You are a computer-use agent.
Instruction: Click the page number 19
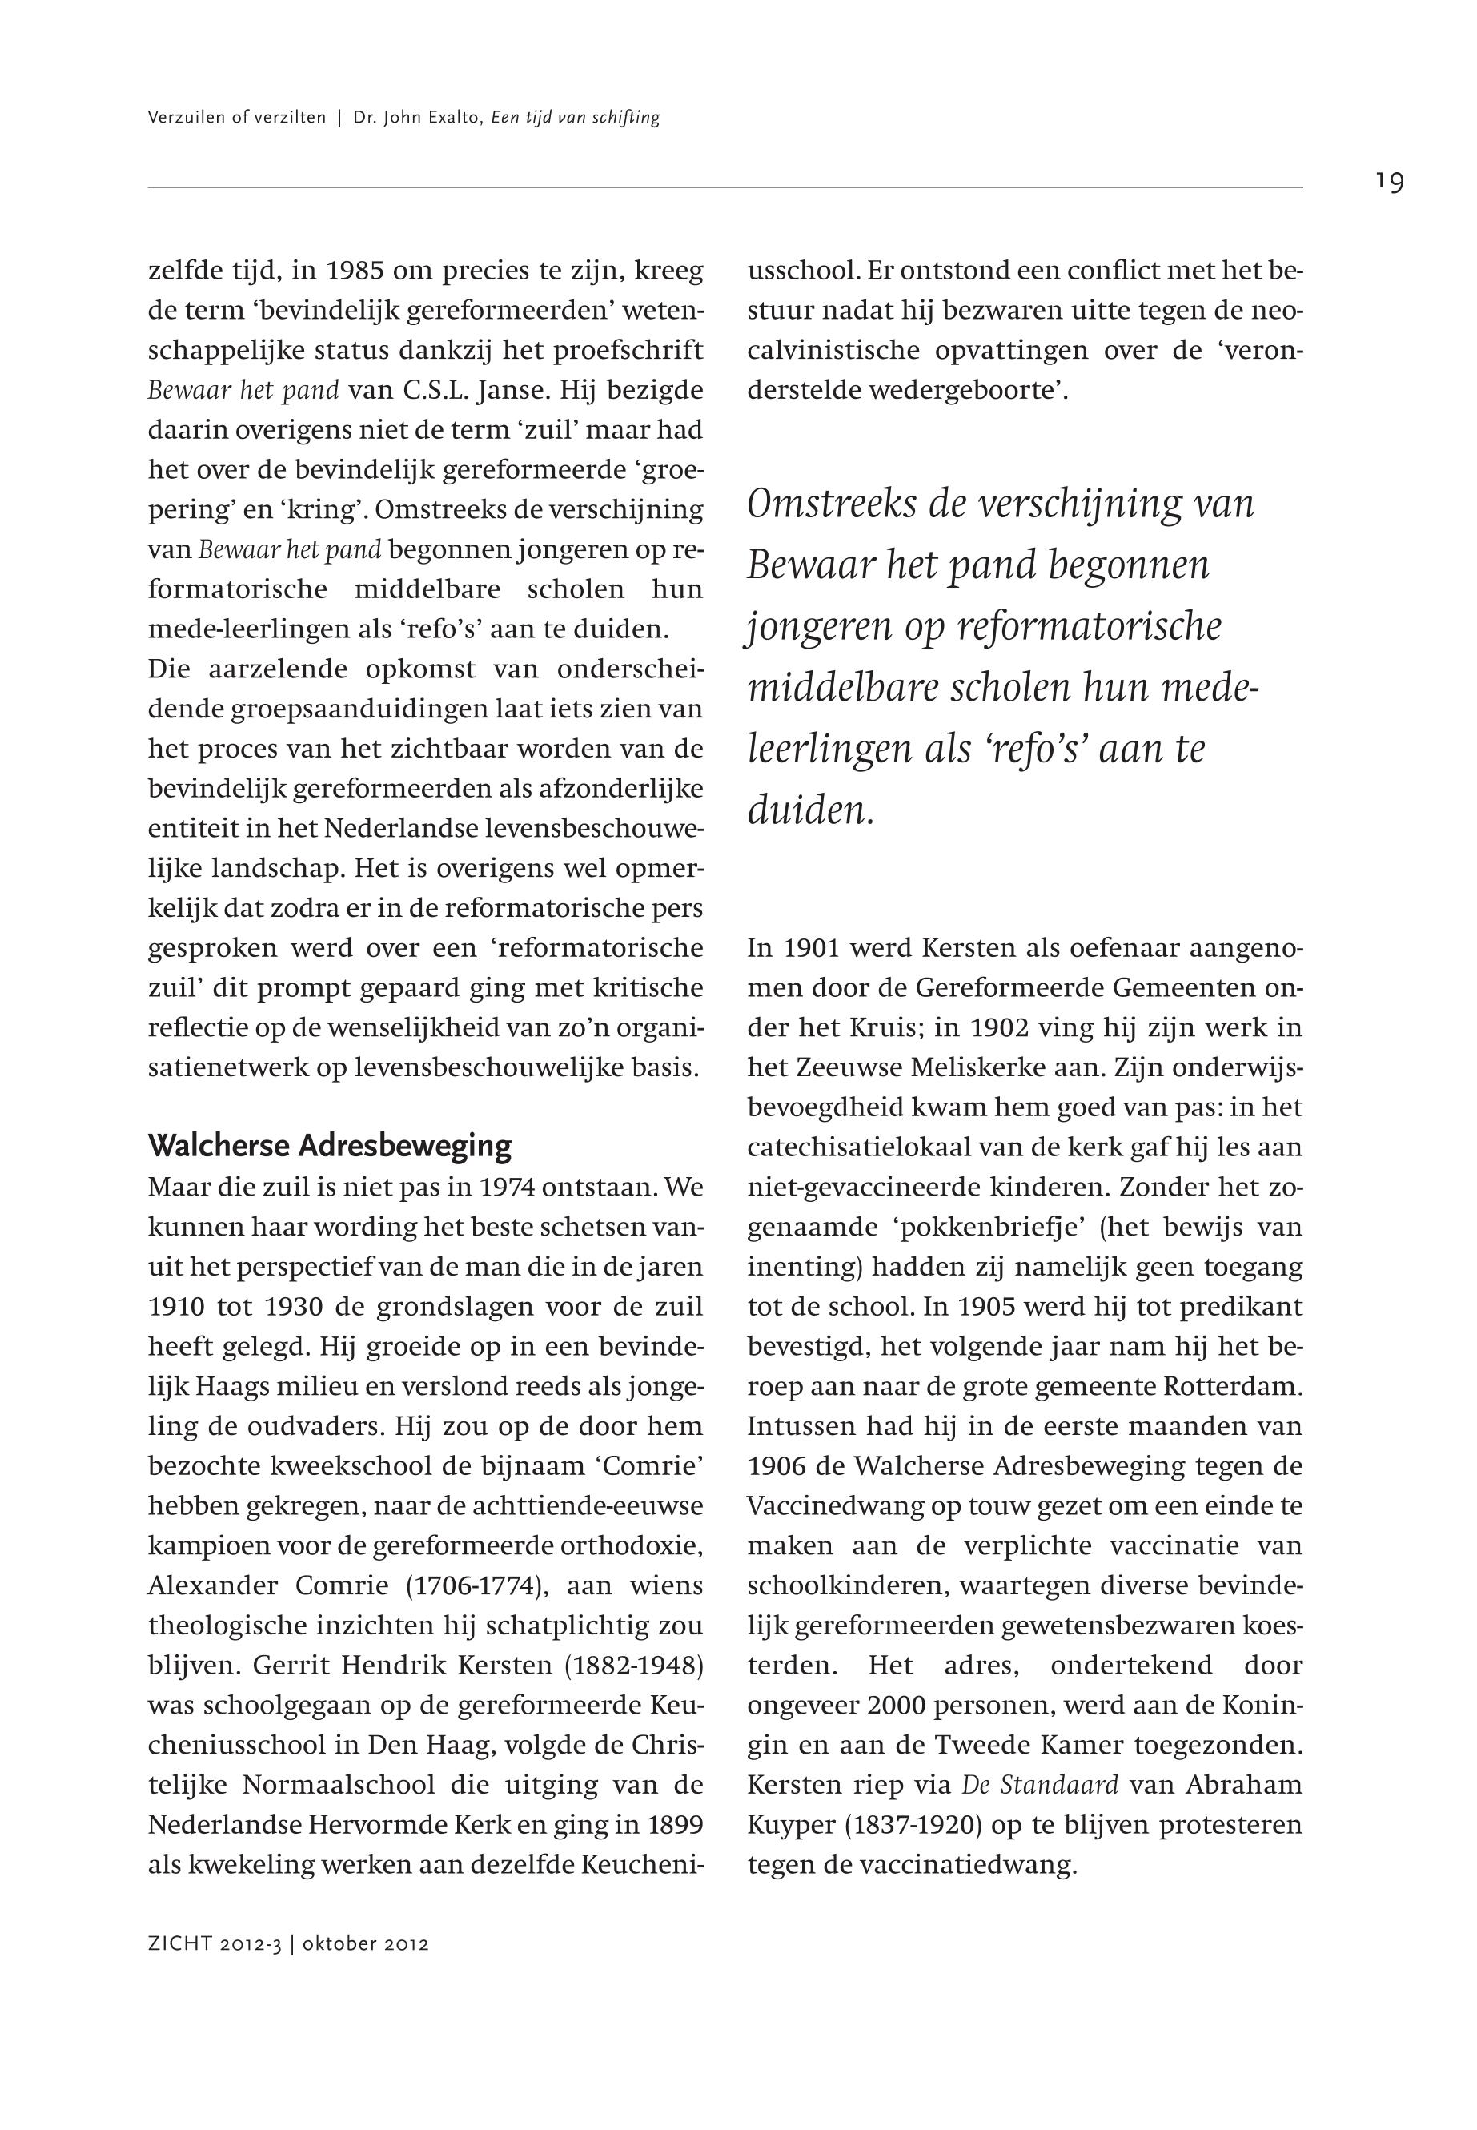coord(1388,182)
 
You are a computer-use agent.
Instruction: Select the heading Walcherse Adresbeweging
coord(330,1146)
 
